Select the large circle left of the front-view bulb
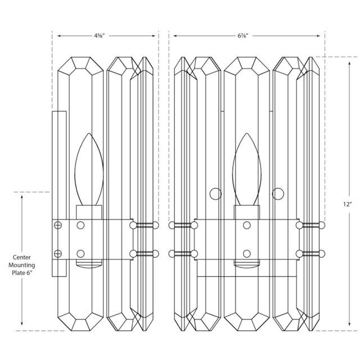coord(215,194)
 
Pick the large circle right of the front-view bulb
coord(278,194)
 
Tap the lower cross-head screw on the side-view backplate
coord(57,253)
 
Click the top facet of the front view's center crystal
coord(246,67)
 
